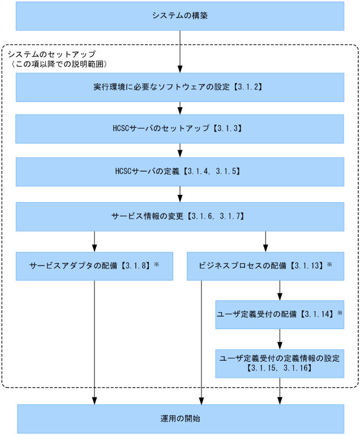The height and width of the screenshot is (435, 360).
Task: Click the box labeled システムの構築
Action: coord(179,16)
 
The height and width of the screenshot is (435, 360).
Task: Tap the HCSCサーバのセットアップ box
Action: coord(179,129)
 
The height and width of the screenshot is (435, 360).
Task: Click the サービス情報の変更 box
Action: coord(179,216)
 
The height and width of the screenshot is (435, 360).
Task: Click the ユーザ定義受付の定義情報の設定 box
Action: coord(279,363)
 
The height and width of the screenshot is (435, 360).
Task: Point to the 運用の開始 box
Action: coord(179,419)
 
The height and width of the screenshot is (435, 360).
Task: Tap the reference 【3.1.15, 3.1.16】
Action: coord(280,368)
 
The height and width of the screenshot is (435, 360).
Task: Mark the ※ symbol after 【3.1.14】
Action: coord(340,313)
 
